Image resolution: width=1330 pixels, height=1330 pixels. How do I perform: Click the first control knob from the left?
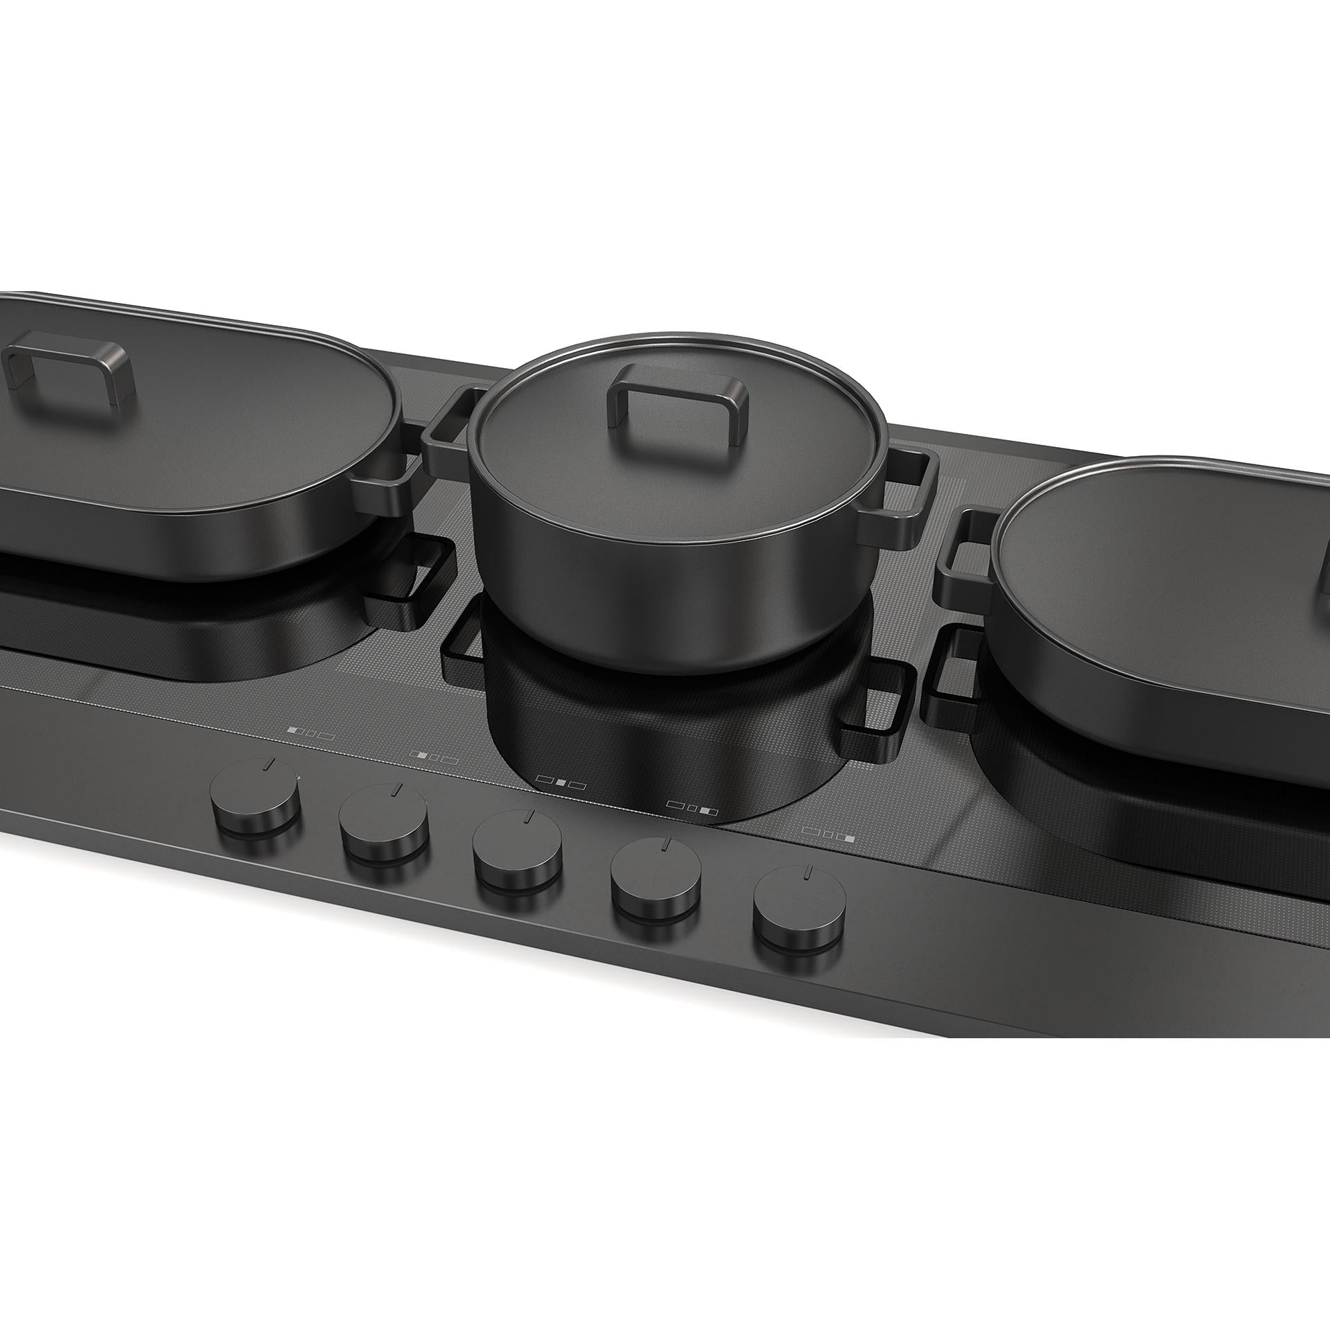pyautogui.click(x=256, y=803)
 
